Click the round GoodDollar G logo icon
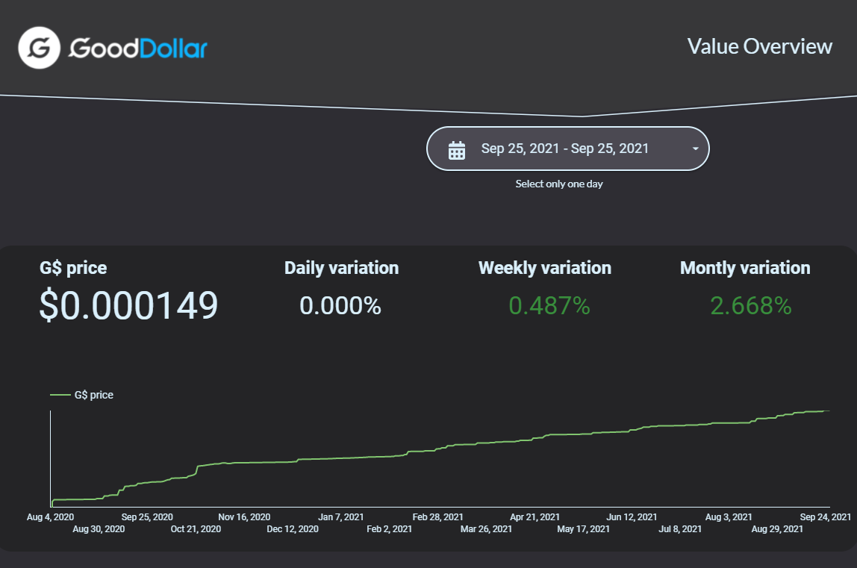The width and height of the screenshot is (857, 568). [39, 48]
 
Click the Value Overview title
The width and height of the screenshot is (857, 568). [760, 46]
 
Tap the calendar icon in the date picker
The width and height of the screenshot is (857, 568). [457, 150]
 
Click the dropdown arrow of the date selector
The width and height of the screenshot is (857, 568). [695, 149]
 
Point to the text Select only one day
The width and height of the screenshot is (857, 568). [559, 184]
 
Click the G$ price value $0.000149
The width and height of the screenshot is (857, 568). [128, 305]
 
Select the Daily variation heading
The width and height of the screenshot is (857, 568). [342, 268]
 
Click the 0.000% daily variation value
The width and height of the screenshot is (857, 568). [340, 305]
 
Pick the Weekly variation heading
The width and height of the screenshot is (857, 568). [545, 268]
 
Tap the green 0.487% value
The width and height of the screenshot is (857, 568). [549, 305]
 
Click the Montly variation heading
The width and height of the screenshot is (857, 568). [745, 268]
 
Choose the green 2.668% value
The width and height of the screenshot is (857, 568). [751, 305]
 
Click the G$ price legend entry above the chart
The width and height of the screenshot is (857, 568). [82, 395]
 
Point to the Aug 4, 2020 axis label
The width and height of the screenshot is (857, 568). [50, 517]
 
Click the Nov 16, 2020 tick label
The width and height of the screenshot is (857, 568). [244, 517]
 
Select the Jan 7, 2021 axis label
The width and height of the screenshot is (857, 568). [341, 517]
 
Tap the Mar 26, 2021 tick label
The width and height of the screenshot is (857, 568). [487, 529]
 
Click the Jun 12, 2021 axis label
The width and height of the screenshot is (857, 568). [632, 517]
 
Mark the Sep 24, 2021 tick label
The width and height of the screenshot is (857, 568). [826, 517]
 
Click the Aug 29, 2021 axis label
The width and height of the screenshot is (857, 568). [777, 529]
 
